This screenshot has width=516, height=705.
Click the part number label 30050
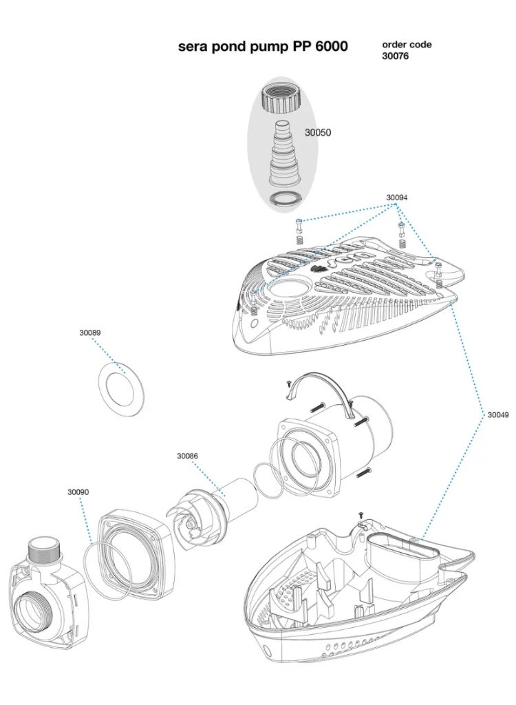click(x=317, y=132)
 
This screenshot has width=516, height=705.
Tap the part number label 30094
click(x=396, y=198)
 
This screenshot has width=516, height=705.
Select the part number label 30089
click(x=89, y=333)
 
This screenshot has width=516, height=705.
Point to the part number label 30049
click(x=498, y=414)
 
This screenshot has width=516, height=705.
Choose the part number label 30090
click(x=78, y=492)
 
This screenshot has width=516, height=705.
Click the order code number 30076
click(x=395, y=56)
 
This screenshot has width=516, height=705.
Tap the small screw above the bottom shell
click(x=360, y=515)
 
